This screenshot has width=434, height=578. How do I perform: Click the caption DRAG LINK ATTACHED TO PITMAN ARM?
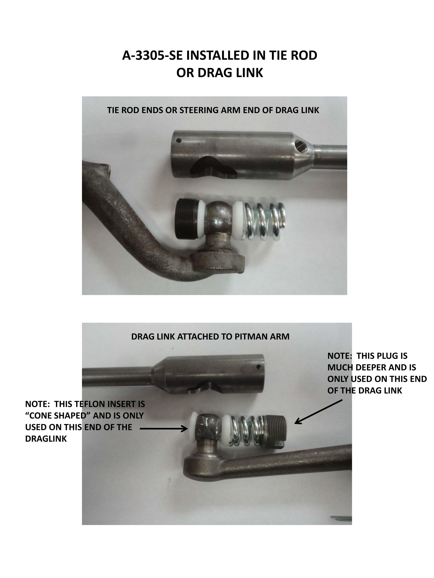210,337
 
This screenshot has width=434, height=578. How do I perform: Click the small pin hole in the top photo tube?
179,141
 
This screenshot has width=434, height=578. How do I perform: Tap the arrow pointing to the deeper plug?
318,411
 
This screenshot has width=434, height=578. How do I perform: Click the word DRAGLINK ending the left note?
46,439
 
